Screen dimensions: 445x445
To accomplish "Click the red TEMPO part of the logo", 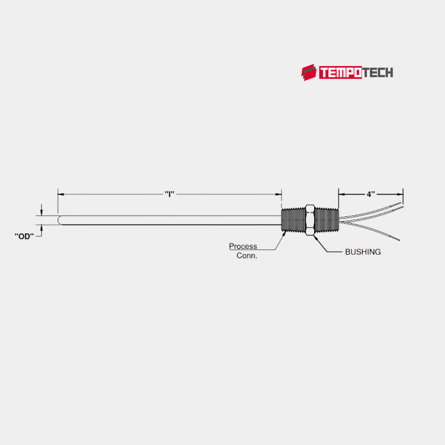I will tap(340, 73).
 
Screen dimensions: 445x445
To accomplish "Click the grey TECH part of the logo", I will tap(377, 73).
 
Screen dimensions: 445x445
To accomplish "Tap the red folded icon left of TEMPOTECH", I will tap(309, 73).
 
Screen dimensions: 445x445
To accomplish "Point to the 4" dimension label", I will tap(370, 194).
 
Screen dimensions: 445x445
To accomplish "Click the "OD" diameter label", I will tap(24, 236).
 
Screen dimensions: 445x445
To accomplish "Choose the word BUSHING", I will tap(363, 252).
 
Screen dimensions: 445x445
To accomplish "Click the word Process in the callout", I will tap(243, 246).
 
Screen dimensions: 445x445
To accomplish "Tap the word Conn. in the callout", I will tap(247, 256).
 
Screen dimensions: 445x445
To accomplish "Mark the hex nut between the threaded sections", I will tap(310, 220).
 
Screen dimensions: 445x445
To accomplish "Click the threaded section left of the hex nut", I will tap(293, 220).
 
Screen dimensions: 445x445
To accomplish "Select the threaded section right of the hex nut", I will tap(326, 220).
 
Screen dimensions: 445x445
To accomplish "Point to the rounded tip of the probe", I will tap(60, 220).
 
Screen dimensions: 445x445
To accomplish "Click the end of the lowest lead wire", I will tap(398, 240).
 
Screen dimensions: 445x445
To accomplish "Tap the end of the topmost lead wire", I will tap(400, 203).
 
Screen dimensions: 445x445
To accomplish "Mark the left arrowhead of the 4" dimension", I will tap(341, 194).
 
